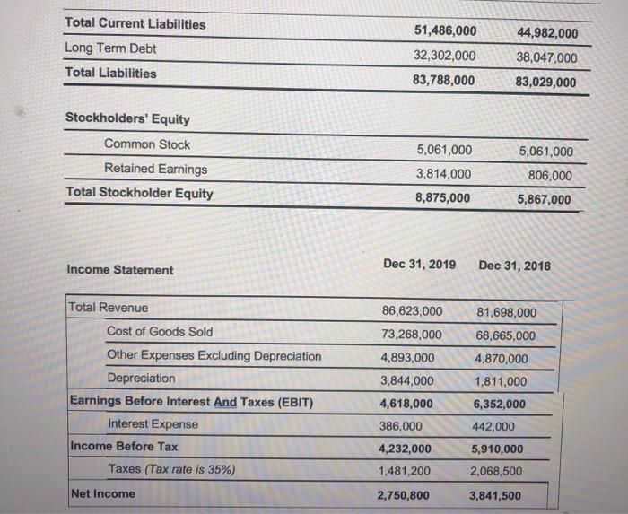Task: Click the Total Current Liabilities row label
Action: (135, 24)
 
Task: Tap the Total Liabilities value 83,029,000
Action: (546, 83)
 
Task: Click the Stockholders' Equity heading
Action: (128, 119)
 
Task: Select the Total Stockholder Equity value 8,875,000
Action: (443, 198)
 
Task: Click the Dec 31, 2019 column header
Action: (419, 264)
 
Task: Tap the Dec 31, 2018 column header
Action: (515, 266)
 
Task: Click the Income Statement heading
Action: (120, 270)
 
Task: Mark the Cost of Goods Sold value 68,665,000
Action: (504, 336)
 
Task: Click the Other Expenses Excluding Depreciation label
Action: (214, 356)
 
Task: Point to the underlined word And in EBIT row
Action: (224, 402)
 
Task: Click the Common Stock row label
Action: (147, 144)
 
